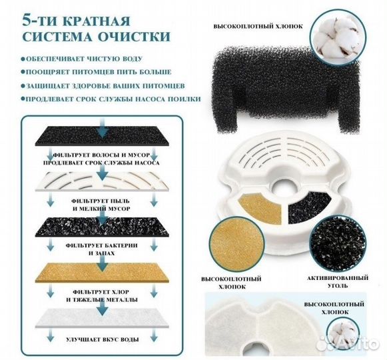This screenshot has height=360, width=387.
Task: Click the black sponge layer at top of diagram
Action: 102,136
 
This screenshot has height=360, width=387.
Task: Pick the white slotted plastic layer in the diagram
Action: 102,181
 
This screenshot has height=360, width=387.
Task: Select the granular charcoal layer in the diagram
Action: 102,227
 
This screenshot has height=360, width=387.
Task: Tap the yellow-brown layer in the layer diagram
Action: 102,273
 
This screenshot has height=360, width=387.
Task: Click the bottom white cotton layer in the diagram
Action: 102,318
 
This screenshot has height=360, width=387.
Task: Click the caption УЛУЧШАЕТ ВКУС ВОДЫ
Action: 102,339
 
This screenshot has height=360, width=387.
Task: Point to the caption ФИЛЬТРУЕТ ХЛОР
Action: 101,292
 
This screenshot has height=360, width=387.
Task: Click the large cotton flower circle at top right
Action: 338,37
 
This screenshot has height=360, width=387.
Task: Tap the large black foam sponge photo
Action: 282,90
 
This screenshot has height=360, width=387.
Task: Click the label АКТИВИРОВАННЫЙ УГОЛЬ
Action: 338,282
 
